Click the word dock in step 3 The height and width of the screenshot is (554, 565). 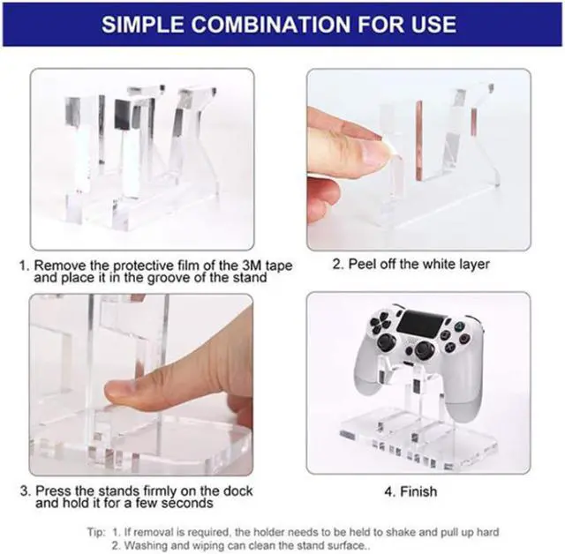pos(237,490)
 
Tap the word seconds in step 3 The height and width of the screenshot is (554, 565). pos(187,503)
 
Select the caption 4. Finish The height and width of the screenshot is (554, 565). pos(411,491)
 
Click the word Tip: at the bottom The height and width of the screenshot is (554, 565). pos(96,532)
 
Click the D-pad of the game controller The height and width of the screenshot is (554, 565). pos(380,323)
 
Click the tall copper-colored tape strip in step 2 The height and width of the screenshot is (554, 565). pos(419,139)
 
